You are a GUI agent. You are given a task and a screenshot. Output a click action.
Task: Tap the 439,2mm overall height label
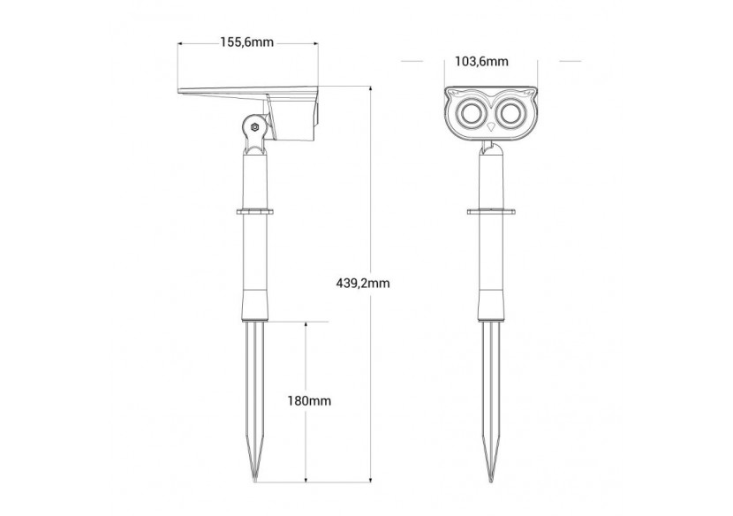363,283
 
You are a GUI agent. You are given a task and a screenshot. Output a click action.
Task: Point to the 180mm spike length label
309,400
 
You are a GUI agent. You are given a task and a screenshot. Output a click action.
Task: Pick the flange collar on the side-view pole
255,211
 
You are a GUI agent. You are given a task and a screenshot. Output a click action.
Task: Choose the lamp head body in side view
293,119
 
